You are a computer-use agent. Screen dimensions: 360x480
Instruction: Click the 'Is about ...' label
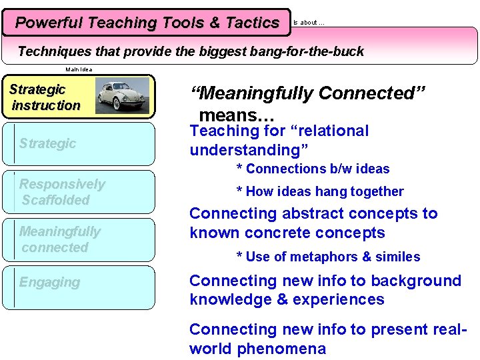[x=309, y=23]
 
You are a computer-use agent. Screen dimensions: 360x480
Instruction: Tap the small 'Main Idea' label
[x=79, y=69]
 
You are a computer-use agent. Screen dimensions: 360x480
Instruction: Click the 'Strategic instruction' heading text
[x=45, y=97]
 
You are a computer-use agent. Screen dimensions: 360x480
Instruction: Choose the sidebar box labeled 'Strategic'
[x=79, y=143]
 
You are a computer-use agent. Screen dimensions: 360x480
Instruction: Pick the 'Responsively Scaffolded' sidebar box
[x=79, y=192]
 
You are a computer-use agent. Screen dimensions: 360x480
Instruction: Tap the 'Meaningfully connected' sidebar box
[x=79, y=239]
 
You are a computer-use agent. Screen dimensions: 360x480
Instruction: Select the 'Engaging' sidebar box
[x=79, y=287]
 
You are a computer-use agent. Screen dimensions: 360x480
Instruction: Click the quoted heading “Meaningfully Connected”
[x=308, y=94]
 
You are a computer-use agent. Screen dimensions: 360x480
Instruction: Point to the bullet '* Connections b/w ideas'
[x=313, y=169]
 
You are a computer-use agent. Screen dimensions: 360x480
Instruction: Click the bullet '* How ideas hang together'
[x=320, y=192]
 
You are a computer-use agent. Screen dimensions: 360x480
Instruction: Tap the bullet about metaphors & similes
[x=328, y=257]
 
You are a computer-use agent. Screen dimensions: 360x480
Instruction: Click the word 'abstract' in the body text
[x=307, y=214]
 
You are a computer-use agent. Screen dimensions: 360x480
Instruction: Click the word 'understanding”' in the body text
[x=249, y=150]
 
